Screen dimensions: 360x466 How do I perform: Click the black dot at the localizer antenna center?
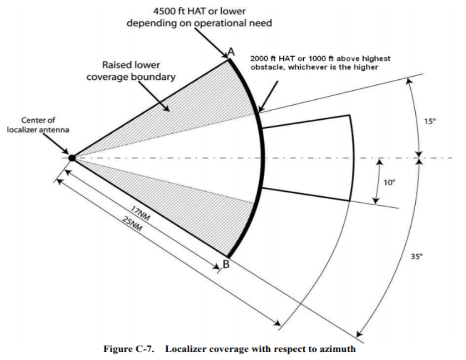point(72,157)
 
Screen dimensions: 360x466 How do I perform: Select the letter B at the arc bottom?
point(226,264)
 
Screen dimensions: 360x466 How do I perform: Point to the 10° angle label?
point(389,182)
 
